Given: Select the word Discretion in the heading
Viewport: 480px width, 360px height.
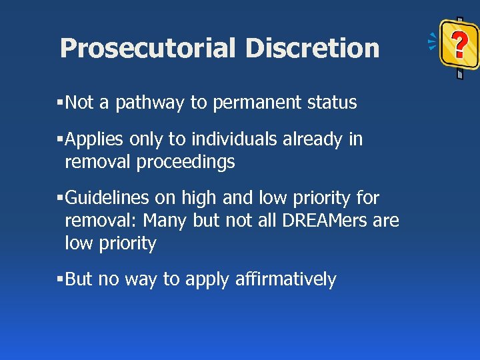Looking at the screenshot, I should [x=312, y=49].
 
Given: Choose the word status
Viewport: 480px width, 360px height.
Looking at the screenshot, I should [x=331, y=103].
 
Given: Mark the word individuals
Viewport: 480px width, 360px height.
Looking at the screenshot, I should [x=234, y=139].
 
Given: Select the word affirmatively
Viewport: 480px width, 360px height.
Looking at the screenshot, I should [x=286, y=279].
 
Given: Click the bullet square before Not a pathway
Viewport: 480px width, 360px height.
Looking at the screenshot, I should [x=60, y=103].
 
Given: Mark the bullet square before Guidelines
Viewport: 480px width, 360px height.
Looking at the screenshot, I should [x=60, y=198].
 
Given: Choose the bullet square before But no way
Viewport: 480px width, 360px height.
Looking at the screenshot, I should [x=60, y=279].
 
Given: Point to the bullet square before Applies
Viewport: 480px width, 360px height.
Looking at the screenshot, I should [x=60, y=139].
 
